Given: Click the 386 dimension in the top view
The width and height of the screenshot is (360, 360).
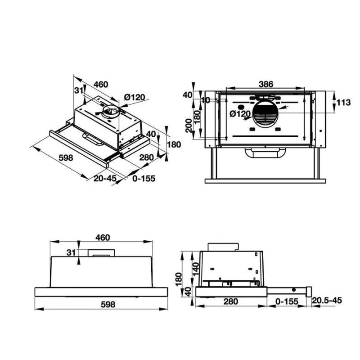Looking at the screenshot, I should point(266,84).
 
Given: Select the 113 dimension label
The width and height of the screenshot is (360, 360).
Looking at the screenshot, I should point(343,103).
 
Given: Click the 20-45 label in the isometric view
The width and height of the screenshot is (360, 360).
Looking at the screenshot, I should point(105,178).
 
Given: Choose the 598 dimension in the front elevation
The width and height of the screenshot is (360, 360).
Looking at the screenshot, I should point(108,304).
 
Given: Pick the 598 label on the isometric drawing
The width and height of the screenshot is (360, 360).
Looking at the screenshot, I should point(66,158).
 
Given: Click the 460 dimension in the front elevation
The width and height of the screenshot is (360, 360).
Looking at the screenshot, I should point(103,237).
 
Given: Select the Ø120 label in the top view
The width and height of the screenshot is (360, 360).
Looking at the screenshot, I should point(239,114).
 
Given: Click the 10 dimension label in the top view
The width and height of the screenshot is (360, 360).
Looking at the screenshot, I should point(206,100).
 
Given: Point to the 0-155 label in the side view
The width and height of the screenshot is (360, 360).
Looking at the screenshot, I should point(287,301).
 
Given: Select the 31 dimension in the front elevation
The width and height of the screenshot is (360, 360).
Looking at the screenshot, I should point(70,253).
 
